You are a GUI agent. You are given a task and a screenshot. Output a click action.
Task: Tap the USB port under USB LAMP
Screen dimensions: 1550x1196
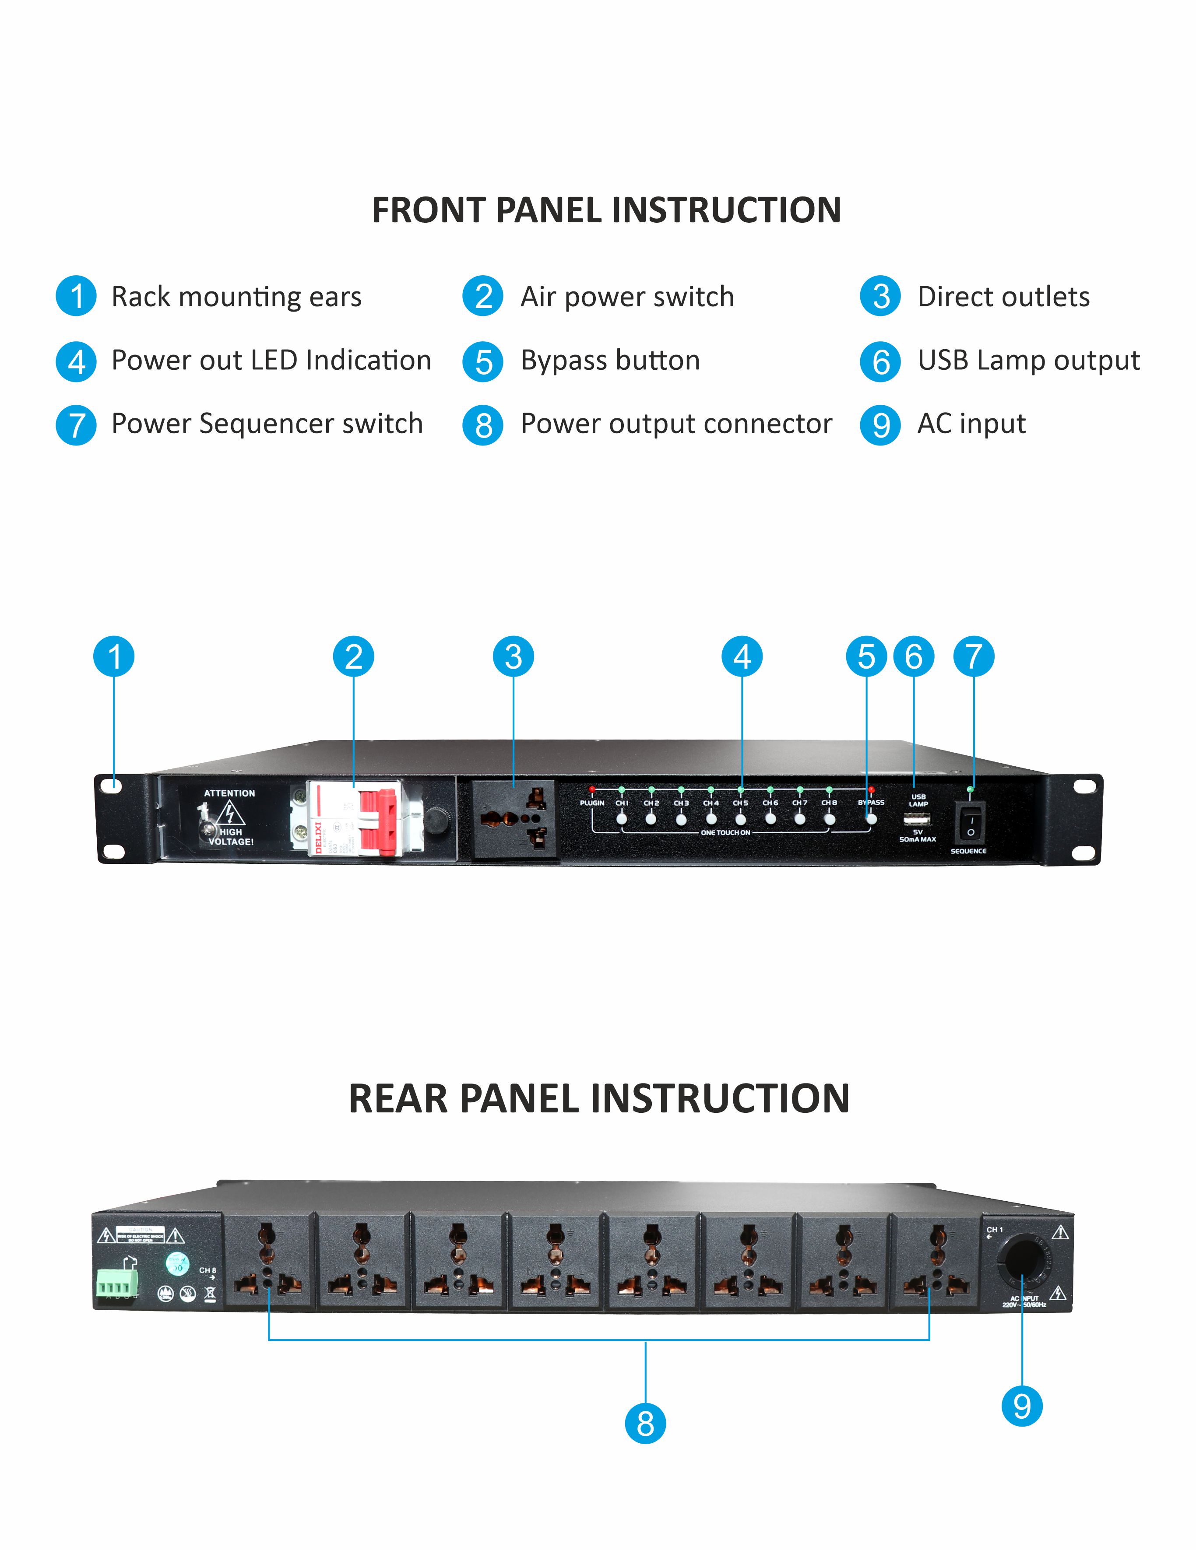click(x=917, y=820)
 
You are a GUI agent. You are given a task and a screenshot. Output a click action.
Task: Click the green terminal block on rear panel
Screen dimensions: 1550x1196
click(x=117, y=1283)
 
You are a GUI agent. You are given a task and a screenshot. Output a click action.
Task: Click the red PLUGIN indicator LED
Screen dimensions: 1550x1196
click(x=592, y=789)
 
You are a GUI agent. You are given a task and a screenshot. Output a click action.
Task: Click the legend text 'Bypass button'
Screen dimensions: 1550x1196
click(x=610, y=361)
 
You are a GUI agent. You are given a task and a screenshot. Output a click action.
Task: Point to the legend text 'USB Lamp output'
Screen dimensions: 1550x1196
click(x=1028, y=361)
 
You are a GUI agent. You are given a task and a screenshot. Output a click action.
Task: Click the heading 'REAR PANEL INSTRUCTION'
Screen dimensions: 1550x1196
click(x=598, y=1099)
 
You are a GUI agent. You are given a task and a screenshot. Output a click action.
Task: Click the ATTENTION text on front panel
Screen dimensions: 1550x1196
click(x=229, y=793)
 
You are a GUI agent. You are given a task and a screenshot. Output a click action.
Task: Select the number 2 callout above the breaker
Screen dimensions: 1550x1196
click(x=353, y=656)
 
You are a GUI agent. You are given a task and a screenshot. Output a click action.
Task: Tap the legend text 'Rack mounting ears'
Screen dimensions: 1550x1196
click(x=236, y=297)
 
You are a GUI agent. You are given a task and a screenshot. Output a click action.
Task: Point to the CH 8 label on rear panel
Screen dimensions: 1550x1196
click(x=207, y=1270)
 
